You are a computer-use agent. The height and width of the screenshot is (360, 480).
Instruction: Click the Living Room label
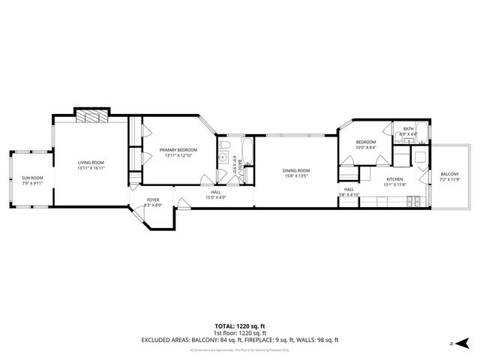(91, 162)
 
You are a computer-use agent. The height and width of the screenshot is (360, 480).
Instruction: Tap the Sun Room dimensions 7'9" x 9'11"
(33, 182)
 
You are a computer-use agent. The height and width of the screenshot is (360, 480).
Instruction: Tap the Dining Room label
(295, 170)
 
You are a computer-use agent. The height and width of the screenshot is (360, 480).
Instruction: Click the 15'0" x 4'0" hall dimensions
(216, 198)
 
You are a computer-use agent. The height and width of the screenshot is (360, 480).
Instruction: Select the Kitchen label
(394, 179)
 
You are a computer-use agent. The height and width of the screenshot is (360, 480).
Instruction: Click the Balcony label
(449, 174)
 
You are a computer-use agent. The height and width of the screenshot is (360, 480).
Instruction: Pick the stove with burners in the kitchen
(412, 201)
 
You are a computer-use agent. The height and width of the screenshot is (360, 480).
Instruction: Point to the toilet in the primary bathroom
(224, 144)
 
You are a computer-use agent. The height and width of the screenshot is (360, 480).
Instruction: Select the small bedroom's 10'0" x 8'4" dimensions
(365, 147)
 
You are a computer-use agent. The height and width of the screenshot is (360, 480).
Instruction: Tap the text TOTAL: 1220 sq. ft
(239, 326)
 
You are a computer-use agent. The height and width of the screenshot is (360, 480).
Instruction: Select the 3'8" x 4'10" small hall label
(349, 194)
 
